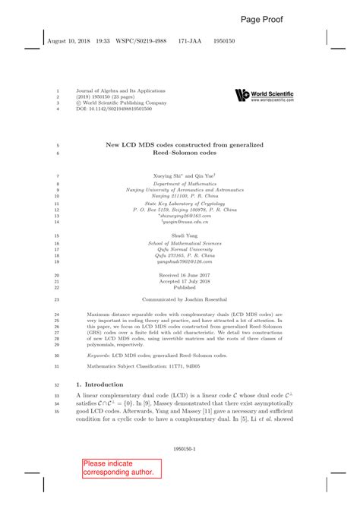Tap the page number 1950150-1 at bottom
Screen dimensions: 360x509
pyautogui.click(x=179, y=449)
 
